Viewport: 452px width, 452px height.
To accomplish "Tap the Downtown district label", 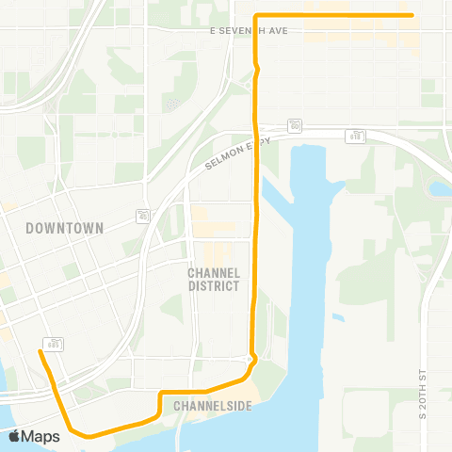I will [x=64, y=228].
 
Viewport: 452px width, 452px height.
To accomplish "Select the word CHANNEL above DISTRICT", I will [x=214, y=272].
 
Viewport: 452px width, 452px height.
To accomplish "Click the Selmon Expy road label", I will [x=237, y=153].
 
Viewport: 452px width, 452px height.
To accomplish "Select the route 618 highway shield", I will [x=356, y=137].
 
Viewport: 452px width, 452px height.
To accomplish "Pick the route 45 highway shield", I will [x=142, y=216].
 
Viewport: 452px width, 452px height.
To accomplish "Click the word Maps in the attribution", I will [x=42, y=436].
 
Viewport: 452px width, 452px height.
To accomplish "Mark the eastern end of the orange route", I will [x=412, y=15].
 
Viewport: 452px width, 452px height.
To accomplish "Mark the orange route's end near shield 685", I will [x=40, y=352].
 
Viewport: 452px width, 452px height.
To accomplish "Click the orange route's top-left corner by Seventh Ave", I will [x=257, y=15].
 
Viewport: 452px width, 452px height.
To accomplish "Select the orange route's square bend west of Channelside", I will [x=161, y=393].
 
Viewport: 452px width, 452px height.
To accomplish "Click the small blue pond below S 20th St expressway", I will [x=440, y=188].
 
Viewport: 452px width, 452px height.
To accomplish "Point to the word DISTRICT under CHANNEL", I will [x=214, y=285].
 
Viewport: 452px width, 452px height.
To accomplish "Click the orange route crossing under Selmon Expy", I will [x=256, y=141].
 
